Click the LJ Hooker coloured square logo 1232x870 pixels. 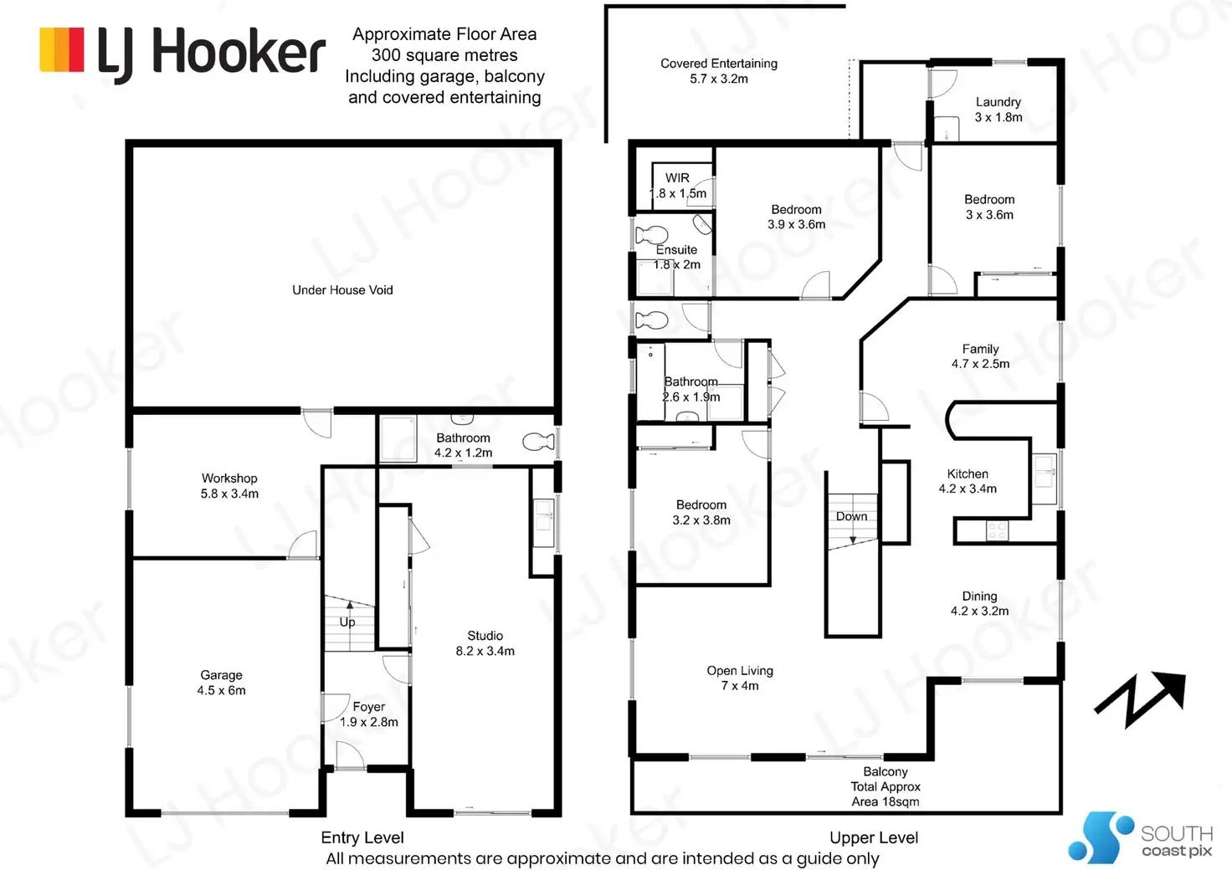point(62,49)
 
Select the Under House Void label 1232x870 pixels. point(342,289)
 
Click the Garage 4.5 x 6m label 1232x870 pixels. point(221,682)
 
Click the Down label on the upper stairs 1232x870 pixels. point(851,516)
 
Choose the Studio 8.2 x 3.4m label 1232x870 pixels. point(485,643)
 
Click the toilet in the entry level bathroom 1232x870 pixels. point(538,442)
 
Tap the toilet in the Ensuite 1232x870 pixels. point(652,235)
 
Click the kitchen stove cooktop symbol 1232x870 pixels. point(997,531)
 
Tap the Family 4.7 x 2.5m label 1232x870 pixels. point(980,356)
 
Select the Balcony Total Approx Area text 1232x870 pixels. point(885,786)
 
